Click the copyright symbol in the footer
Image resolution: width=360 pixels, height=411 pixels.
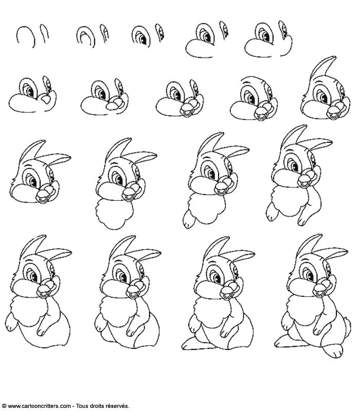[4, 406]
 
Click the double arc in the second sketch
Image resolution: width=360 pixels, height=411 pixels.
[86, 37]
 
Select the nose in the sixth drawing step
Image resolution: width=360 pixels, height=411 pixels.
[46, 100]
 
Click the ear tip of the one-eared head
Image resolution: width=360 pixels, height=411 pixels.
[334, 58]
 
